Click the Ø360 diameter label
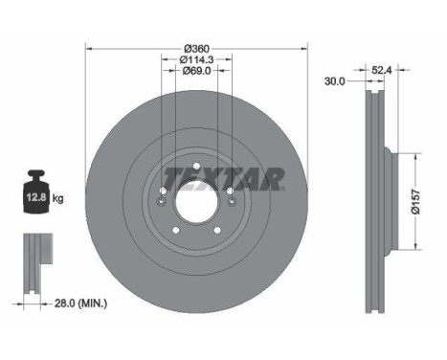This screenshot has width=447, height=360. click(197, 49)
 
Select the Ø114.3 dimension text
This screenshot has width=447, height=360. click(196, 59)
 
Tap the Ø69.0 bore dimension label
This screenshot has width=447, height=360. click(196, 70)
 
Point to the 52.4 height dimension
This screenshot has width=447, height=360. click(382, 70)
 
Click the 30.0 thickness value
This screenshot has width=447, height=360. click(335, 81)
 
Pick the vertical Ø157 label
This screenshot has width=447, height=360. click(415, 201)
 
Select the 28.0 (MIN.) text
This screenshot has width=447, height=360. click(80, 304)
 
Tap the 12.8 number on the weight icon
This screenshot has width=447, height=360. click(36, 197)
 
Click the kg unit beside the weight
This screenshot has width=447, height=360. click(57, 198)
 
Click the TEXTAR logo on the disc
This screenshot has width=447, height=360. click(224, 179)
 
